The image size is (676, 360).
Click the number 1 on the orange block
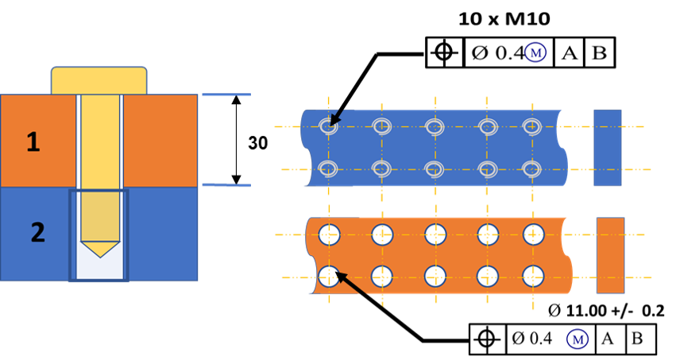click(33, 141)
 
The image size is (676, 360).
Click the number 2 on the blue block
click(37, 232)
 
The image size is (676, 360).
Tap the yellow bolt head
click(99, 80)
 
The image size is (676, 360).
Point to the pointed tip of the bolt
click(100, 257)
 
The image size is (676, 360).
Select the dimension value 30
click(258, 143)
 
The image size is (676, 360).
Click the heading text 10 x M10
click(504, 19)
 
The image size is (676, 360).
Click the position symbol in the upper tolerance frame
click(445, 52)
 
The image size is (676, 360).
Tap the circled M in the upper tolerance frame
click(535, 52)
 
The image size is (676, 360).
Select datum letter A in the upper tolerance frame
click(569, 53)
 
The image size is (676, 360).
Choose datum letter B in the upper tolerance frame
click(599, 52)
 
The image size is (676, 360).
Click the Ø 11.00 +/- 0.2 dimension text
click(606, 311)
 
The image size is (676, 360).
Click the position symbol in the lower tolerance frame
click(486, 339)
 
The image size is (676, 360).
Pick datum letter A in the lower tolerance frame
click(607, 339)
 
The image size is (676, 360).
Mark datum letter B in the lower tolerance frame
click(637, 339)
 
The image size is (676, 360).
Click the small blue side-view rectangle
click(608, 148)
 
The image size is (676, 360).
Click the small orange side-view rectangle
click(611, 255)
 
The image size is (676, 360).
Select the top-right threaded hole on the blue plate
click(532, 126)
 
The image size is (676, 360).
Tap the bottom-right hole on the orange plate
click(533, 277)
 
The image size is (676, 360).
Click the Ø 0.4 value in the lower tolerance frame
click(532, 339)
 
